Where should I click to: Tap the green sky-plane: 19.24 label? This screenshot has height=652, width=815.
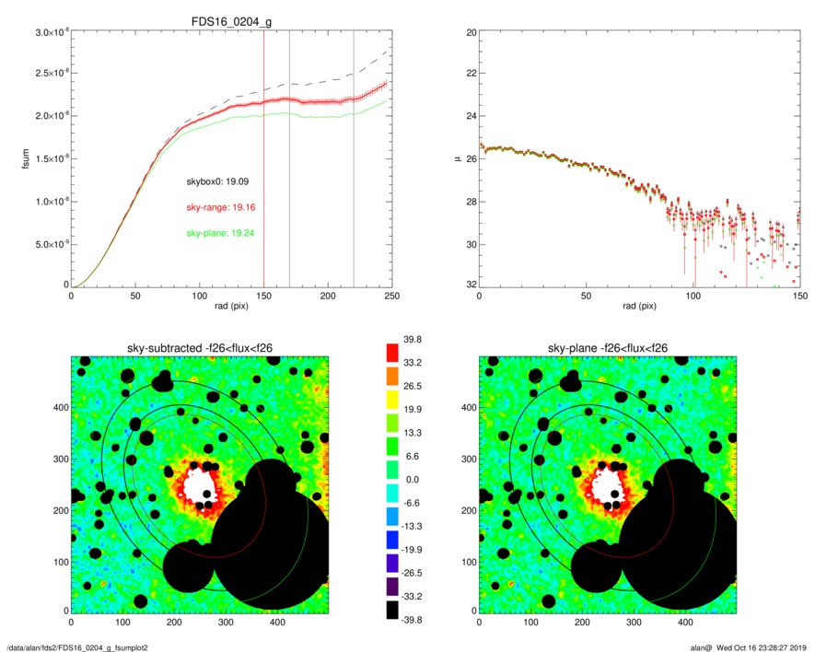[220, 233]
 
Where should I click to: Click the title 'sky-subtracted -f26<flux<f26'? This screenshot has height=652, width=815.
[200, 347]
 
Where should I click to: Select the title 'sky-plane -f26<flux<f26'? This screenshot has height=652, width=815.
[608, 347]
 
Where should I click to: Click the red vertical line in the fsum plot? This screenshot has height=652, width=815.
[263, 184]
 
